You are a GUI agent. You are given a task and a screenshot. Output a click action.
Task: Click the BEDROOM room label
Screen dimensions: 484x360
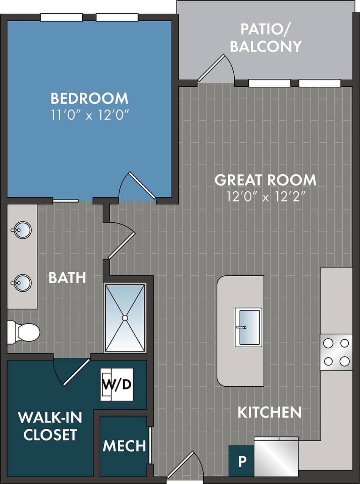(89, 98)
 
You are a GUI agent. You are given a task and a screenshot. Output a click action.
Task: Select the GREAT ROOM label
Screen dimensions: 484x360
(265, 180)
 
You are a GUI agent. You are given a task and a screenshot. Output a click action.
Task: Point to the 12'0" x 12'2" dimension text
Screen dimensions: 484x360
(266, 197)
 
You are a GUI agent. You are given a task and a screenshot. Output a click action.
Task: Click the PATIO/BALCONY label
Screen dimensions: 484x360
(266, 38)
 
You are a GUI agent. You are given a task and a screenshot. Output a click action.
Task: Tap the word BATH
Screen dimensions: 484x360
(67, 278)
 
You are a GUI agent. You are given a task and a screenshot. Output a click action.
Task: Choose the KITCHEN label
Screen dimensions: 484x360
(269, 412)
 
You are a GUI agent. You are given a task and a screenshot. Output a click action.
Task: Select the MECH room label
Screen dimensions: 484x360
(124, 446)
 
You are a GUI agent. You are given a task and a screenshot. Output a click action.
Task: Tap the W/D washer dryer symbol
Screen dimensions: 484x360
(117, 384)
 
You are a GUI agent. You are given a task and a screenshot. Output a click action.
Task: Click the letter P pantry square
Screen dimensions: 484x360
(242, 461)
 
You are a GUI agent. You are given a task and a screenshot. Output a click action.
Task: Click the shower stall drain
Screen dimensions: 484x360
(125, 318)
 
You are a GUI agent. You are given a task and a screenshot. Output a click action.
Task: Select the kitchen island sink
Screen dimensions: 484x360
(248, 327)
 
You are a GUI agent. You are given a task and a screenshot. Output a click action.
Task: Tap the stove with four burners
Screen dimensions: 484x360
(336, 352)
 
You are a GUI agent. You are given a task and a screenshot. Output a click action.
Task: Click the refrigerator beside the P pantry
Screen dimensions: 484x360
(276, 457)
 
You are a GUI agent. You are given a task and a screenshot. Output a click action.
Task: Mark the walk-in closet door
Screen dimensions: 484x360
(76, 372)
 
